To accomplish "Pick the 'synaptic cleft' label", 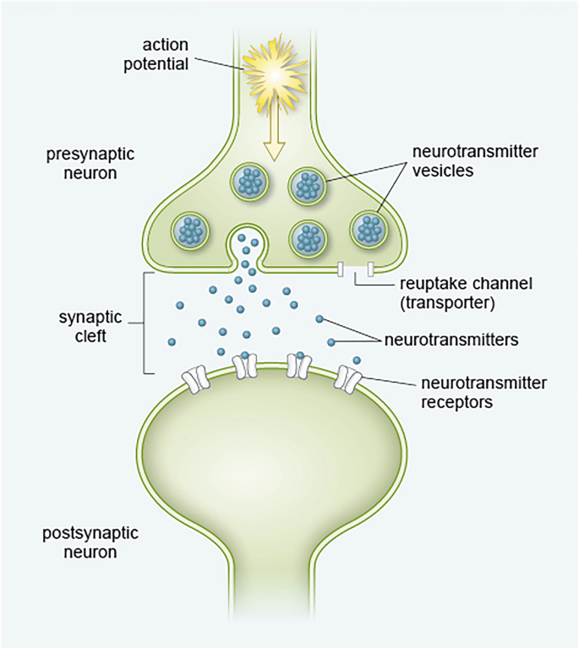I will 92,325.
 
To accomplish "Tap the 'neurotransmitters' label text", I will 451,340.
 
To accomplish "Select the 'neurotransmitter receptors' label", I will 483,392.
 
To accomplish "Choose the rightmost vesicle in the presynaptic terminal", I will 369,228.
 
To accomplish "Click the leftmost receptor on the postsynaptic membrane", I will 197,378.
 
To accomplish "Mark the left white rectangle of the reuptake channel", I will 340,270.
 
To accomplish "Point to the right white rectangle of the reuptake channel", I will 371,270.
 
